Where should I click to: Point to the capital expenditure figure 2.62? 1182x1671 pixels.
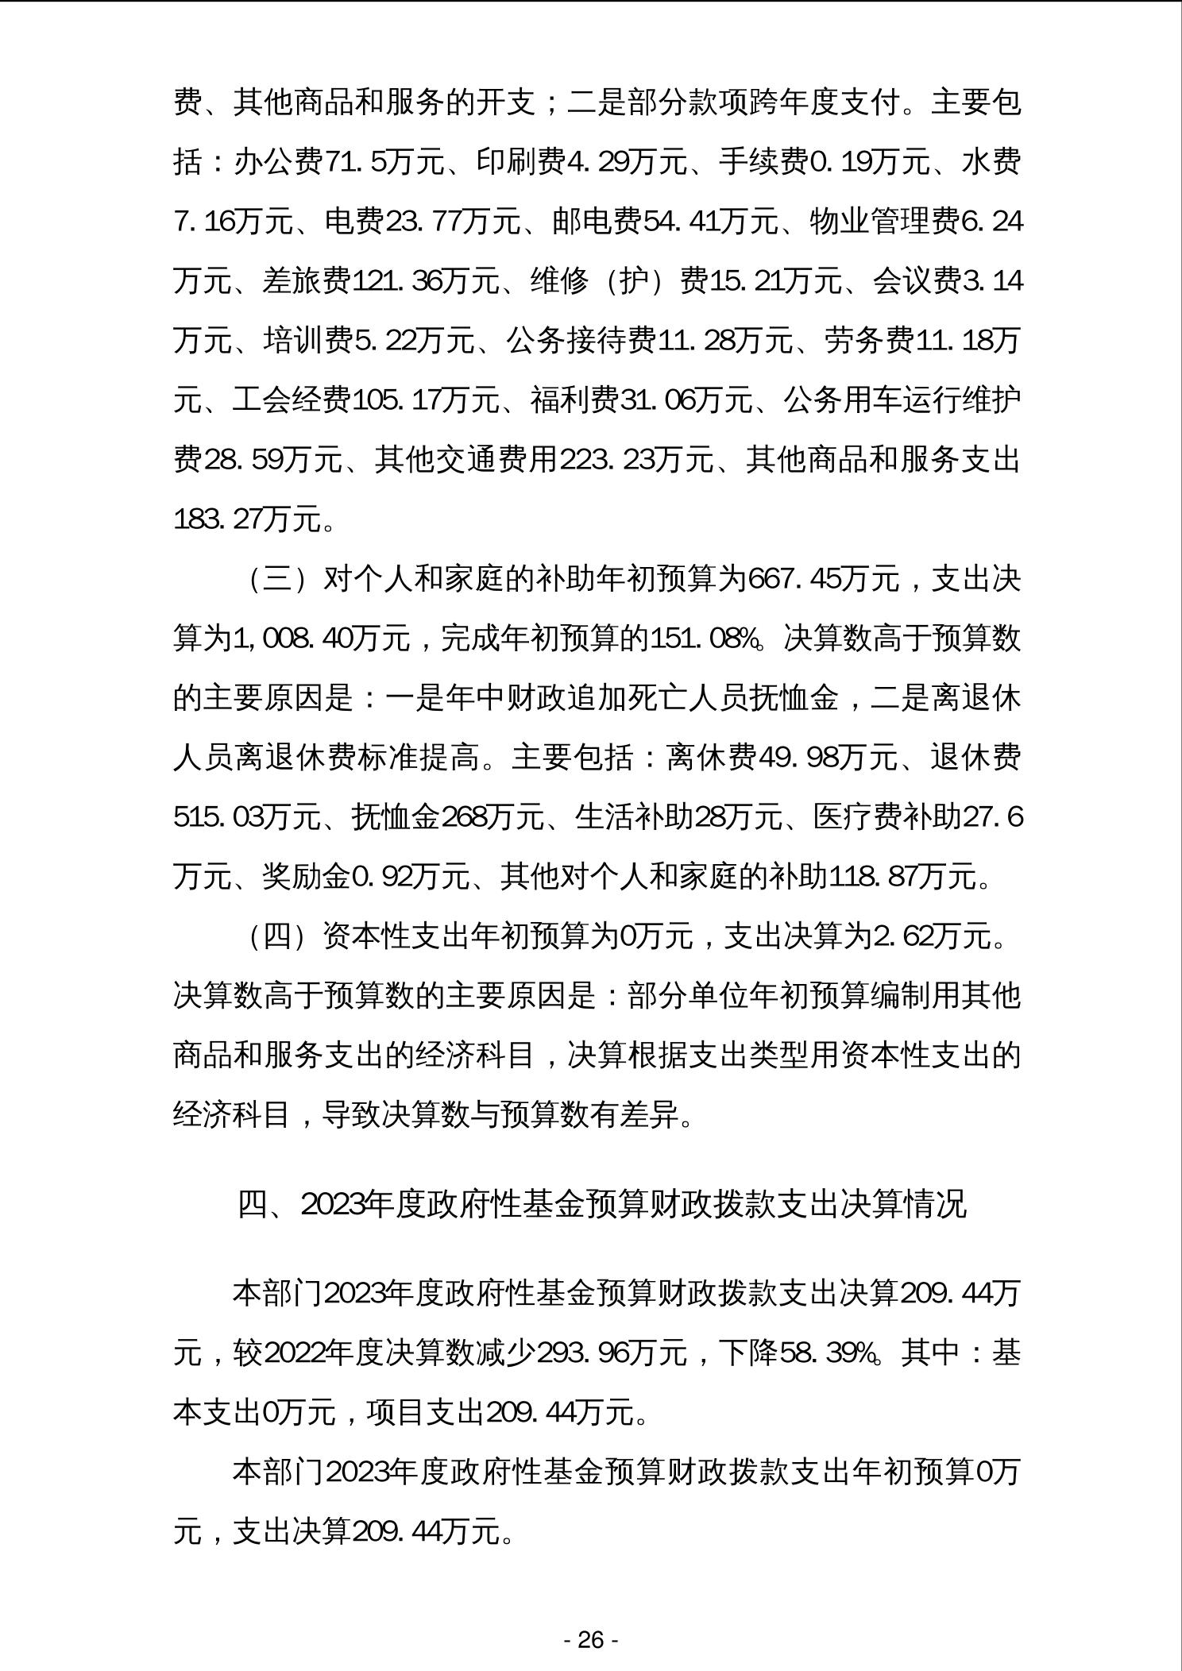point(903,936)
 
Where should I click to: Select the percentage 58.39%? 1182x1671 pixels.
point(828,1353)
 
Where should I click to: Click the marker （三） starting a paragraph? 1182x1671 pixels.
point(277,579)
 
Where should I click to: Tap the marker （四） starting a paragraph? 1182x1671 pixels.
point(277,936)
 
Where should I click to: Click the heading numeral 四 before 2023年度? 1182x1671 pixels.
point(253,1205)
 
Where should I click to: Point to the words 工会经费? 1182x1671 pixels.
point(292,400)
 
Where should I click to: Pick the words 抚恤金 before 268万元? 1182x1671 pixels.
point(396,817)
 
